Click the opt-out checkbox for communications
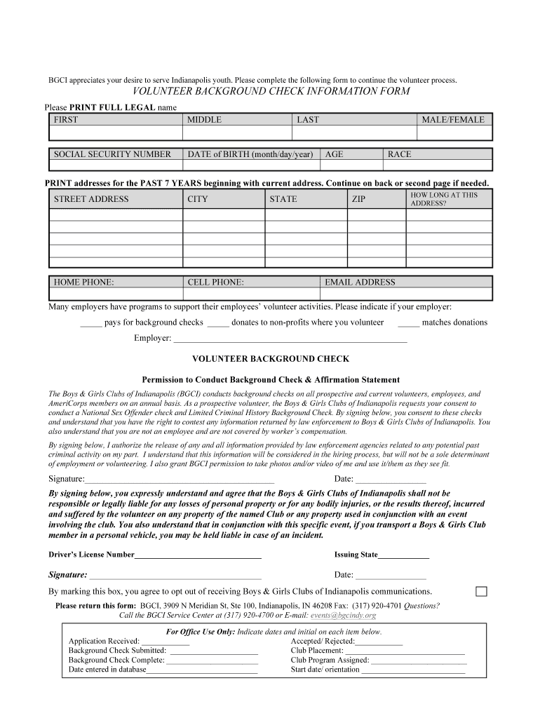481,591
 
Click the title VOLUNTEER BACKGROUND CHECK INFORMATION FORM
271,92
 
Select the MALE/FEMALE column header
453,120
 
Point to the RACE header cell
438,154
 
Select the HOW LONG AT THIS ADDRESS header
449,199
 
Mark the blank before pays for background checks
90,323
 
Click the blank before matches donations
408,323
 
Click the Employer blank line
290,339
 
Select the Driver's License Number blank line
198,555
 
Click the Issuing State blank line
403,555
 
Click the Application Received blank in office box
166,642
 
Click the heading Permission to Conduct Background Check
271,379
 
